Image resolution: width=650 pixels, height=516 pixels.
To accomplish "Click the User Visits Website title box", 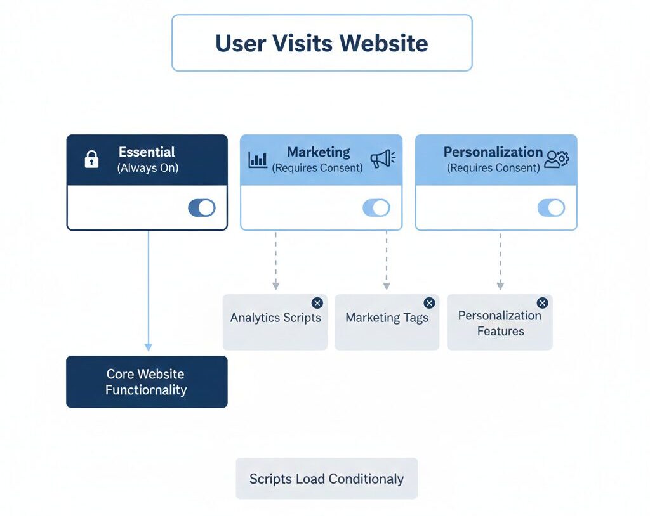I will pos(322,43).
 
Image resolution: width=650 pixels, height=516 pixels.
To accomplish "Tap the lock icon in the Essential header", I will pos(91,160).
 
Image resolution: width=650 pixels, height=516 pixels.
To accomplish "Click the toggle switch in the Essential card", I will pos(201,208).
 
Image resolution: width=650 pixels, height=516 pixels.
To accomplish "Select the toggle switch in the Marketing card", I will pos(376,208).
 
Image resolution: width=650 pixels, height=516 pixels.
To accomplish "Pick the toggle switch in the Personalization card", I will pos(551,208).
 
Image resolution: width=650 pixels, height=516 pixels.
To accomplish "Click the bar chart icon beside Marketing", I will pos(258,159).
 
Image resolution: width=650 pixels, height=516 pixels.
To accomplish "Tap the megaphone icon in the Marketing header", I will pos(382,159).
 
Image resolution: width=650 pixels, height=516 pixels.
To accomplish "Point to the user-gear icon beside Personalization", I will pos(557,159).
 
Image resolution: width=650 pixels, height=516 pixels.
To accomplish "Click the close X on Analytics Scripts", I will pos(317,303).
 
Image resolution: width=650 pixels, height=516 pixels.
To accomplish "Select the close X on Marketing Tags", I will pos(429,303).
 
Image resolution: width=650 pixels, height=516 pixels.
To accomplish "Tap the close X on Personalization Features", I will pos(542,303).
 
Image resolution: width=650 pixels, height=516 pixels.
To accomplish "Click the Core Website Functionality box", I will pos(147,382).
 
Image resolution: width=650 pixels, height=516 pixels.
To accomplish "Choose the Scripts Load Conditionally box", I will pos(326,479).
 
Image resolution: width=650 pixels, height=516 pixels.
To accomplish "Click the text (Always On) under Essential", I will pos(147,169).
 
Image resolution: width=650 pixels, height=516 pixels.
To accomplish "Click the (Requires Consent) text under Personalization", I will pos(493,169).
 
